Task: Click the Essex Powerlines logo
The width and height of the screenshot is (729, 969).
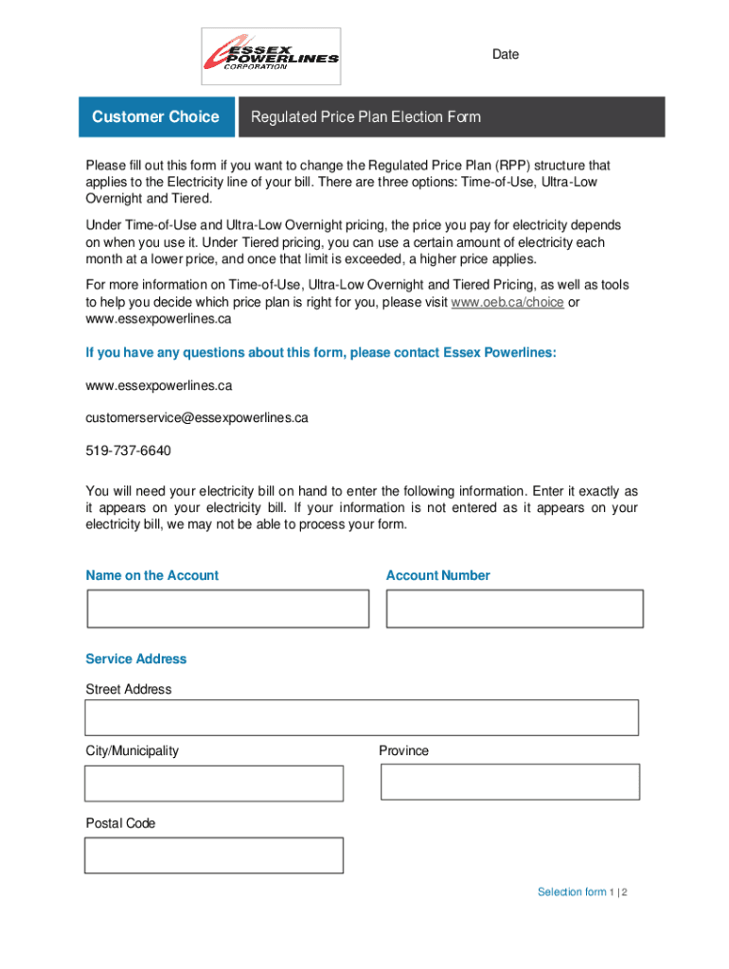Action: click(271, 56)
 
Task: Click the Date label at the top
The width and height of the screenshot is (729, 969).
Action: click(506, 55)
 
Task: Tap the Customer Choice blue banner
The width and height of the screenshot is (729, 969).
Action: click(155, 117)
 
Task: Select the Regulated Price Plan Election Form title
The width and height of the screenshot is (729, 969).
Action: click(365, 117)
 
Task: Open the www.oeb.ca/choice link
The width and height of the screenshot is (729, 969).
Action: click(507, 302)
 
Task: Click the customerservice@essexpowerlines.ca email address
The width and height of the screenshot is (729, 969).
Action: click(197, 417)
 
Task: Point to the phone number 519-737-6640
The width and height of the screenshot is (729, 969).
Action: click(129, 450)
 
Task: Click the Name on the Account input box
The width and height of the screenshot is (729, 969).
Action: click(228, 608)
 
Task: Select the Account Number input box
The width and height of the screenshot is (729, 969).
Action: click(515, 608)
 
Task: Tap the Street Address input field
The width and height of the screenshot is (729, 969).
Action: click(362, 717)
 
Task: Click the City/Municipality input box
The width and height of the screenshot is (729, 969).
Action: click(214, 784)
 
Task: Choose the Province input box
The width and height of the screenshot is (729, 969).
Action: click(510, 782)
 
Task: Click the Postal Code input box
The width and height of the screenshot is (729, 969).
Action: click(214, 855)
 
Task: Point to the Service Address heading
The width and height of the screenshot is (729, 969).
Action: click(136, 659)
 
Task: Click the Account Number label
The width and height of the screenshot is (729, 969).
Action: click(438, 575)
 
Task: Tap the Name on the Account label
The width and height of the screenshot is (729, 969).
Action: click(152, 575)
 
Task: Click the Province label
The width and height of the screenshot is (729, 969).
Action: click(404, 750)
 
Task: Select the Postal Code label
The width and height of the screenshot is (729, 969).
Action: click(121, 823)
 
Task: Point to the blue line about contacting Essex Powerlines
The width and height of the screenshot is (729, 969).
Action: click(321, 353)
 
